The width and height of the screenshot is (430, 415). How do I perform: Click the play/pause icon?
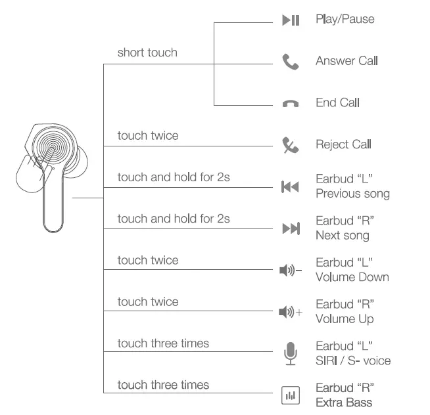[291, 20]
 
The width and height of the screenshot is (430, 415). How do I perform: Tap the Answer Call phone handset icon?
[290, 62]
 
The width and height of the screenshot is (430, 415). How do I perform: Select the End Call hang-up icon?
[290, 104]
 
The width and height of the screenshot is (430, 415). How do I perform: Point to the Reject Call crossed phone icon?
[290, 145]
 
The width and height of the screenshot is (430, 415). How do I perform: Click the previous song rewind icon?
[290, 187]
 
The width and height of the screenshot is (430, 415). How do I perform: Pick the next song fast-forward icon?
[290, 229]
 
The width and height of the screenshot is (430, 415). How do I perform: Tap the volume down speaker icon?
[290, 271]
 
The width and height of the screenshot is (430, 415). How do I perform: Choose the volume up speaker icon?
[290, 312]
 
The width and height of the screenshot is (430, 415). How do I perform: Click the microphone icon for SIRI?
[290, 353]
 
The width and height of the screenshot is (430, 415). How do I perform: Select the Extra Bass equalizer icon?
[290, 395]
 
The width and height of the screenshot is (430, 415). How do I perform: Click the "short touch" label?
[147, 53]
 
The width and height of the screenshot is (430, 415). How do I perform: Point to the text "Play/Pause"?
[345, 19]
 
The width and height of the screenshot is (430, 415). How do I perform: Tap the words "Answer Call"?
[346, 61]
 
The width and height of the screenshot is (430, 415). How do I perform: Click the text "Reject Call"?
[343, 144]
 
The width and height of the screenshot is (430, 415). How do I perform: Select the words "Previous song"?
[352, 194]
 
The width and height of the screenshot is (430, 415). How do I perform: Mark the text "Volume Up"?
[345, 318]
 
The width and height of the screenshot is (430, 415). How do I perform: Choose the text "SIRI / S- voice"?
[353, 360]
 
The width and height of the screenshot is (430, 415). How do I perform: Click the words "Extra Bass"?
[343, 402]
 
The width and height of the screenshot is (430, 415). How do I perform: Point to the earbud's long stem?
[55, 204]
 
